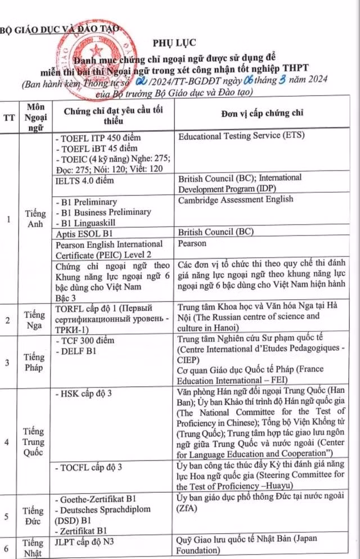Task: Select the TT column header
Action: point(9,118)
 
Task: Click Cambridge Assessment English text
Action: point(235,200)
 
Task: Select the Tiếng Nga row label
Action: point(35,320)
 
